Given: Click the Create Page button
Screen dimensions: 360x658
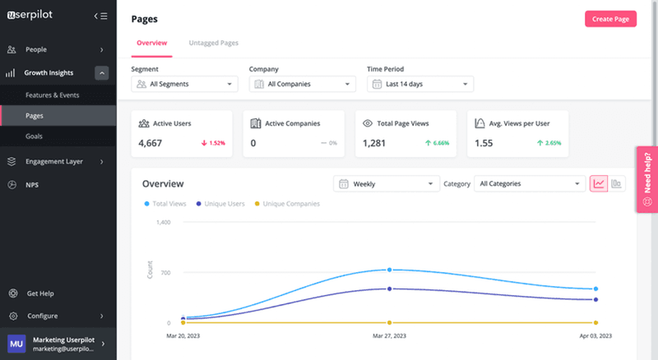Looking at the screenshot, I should [610, 19].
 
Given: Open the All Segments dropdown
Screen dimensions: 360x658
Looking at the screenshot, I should [184, 84].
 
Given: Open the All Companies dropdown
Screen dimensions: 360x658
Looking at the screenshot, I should [302, 84].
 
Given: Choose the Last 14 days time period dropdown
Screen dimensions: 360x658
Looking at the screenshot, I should [420, 84].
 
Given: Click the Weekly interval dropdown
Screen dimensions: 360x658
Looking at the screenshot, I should [385, 184].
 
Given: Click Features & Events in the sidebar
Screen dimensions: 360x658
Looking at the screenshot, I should [52, 95].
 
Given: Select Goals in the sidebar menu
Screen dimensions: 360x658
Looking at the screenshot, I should [34, 136].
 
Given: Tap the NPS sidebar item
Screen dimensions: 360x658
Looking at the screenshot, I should [32, 185].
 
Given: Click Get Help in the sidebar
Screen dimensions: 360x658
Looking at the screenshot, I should [40, 293].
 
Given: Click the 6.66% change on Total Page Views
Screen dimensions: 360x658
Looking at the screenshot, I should [437, 143].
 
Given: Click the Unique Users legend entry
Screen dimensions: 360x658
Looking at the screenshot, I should [222, 203].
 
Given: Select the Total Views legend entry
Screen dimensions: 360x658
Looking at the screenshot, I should [167, 203].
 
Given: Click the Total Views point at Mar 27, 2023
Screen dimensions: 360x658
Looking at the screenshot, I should [389, 270].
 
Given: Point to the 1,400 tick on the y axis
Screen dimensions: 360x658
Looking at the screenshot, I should [162, 222].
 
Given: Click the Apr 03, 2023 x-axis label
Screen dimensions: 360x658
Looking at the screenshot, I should [595, 336].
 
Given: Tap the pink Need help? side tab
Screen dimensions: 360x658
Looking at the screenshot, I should [646, 179].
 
